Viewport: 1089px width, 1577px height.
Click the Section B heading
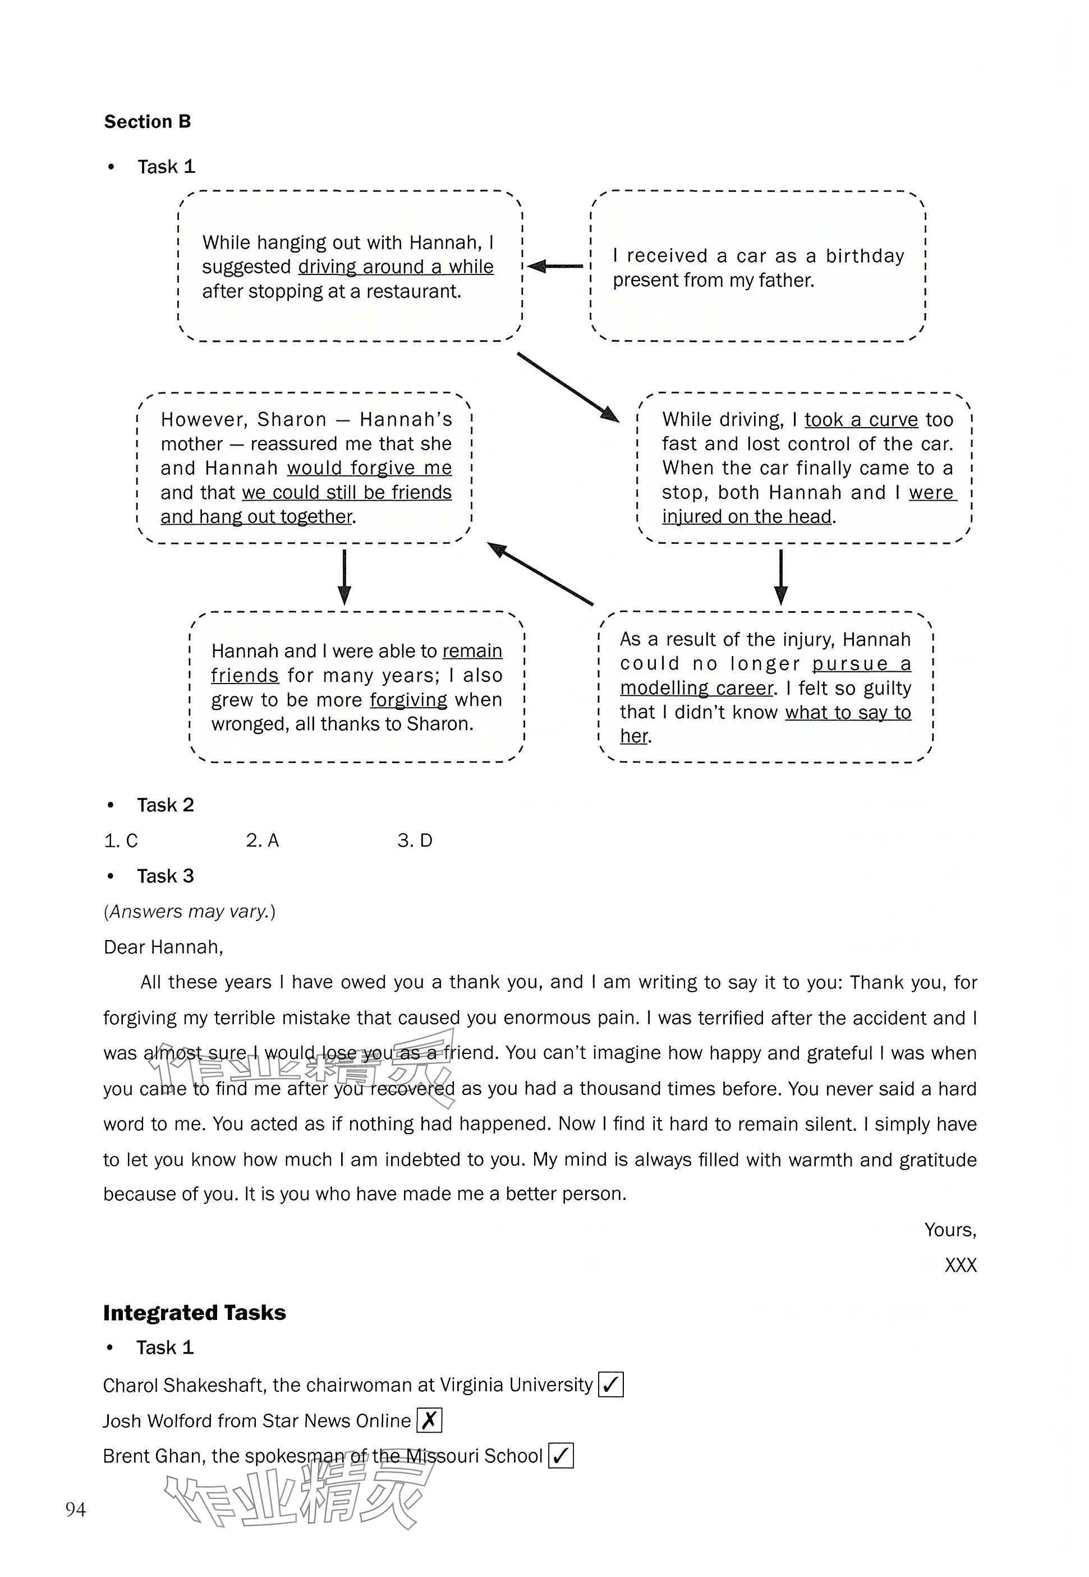point(148,122)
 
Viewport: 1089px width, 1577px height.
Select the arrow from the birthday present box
point(555,266)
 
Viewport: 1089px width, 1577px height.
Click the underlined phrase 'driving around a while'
point(396,267)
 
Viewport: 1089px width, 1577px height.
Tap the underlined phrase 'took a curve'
point(861,420)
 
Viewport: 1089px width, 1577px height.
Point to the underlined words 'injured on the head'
point(747,516)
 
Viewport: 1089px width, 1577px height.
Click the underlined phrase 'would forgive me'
point(369,468)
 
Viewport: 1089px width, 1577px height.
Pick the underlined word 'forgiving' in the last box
point(408,700)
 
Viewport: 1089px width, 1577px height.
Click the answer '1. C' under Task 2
point(121,841)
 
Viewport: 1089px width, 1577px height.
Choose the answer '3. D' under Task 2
point(415,841)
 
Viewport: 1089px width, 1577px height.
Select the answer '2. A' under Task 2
point(263,841)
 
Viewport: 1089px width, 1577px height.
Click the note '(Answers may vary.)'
point(190,911)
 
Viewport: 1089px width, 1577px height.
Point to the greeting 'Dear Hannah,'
point(163,947)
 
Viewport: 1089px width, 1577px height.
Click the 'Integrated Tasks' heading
point(195,1313)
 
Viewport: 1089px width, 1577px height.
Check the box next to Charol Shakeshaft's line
point(610,1385)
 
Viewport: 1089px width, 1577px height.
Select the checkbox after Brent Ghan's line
point(561,1456)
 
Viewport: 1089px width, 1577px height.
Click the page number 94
point(76,1510)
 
